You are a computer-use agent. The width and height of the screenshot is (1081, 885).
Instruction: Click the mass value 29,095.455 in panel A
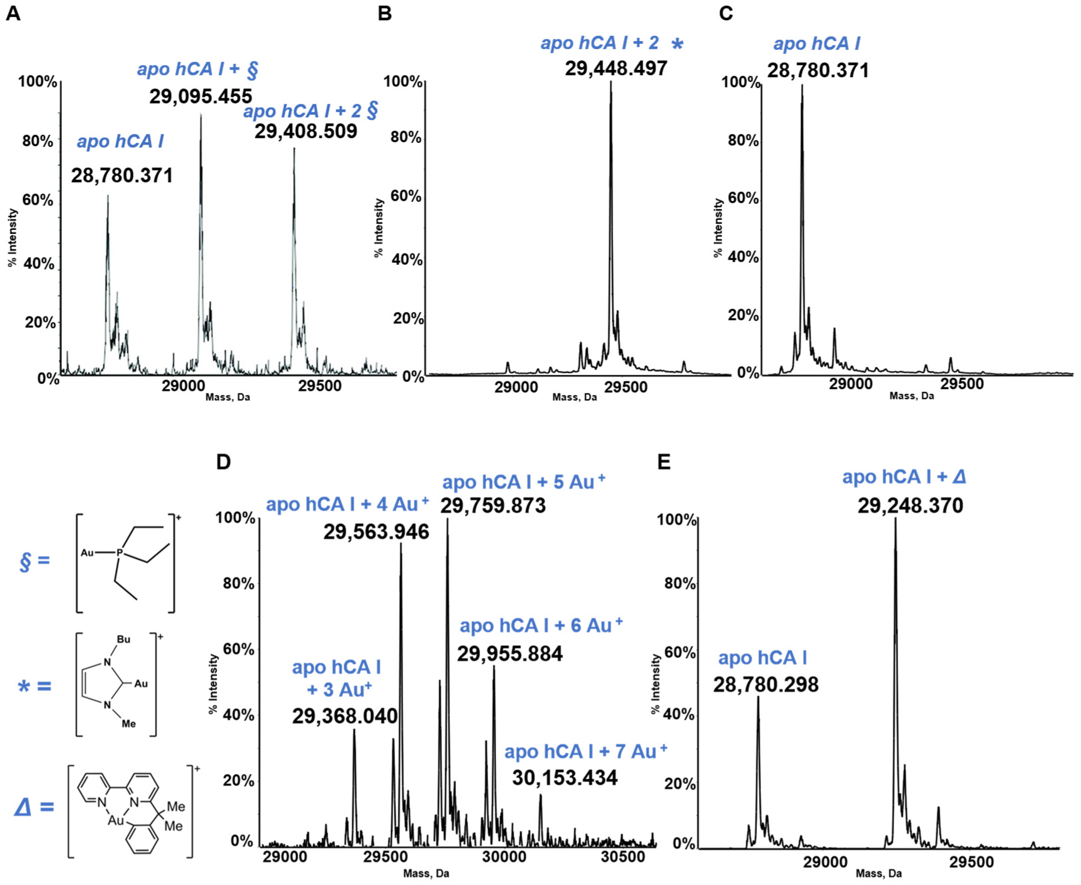[x=200, y=96]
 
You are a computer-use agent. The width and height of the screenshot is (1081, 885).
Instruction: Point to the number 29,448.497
[x=616, y=68]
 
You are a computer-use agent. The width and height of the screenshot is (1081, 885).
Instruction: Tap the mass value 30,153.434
[x=564, y=778]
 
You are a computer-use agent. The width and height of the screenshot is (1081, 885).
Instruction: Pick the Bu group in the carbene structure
[x=123, y=639]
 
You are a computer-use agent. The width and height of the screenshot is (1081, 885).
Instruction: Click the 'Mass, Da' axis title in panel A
[x=227, y=397]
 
